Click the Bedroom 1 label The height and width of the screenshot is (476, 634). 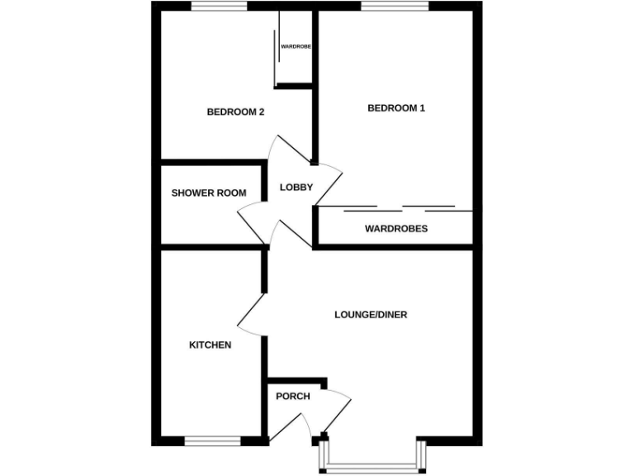(x=395, y=108)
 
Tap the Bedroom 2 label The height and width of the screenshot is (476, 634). (x=235, y=112)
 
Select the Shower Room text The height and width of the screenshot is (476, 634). (x=209, y=193)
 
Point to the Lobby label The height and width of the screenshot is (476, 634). (x=296, y=188)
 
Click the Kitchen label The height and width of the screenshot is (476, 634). (x=211, y=345)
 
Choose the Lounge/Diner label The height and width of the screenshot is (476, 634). (x=371, y=315)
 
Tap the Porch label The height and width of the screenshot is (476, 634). (x=293, y=397)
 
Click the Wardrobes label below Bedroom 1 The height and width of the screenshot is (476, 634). (x=396, y=229)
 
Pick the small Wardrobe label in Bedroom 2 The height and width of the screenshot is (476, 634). (x=296, y=47)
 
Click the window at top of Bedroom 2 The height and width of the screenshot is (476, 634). (x=219, y=7)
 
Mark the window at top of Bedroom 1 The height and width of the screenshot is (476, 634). (x=394, y=7)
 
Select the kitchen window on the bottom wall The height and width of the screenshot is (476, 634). (x=212, y=441)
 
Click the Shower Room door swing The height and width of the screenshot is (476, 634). (x=252, y=223)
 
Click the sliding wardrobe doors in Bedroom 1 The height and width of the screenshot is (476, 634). (x=395, y=207)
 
